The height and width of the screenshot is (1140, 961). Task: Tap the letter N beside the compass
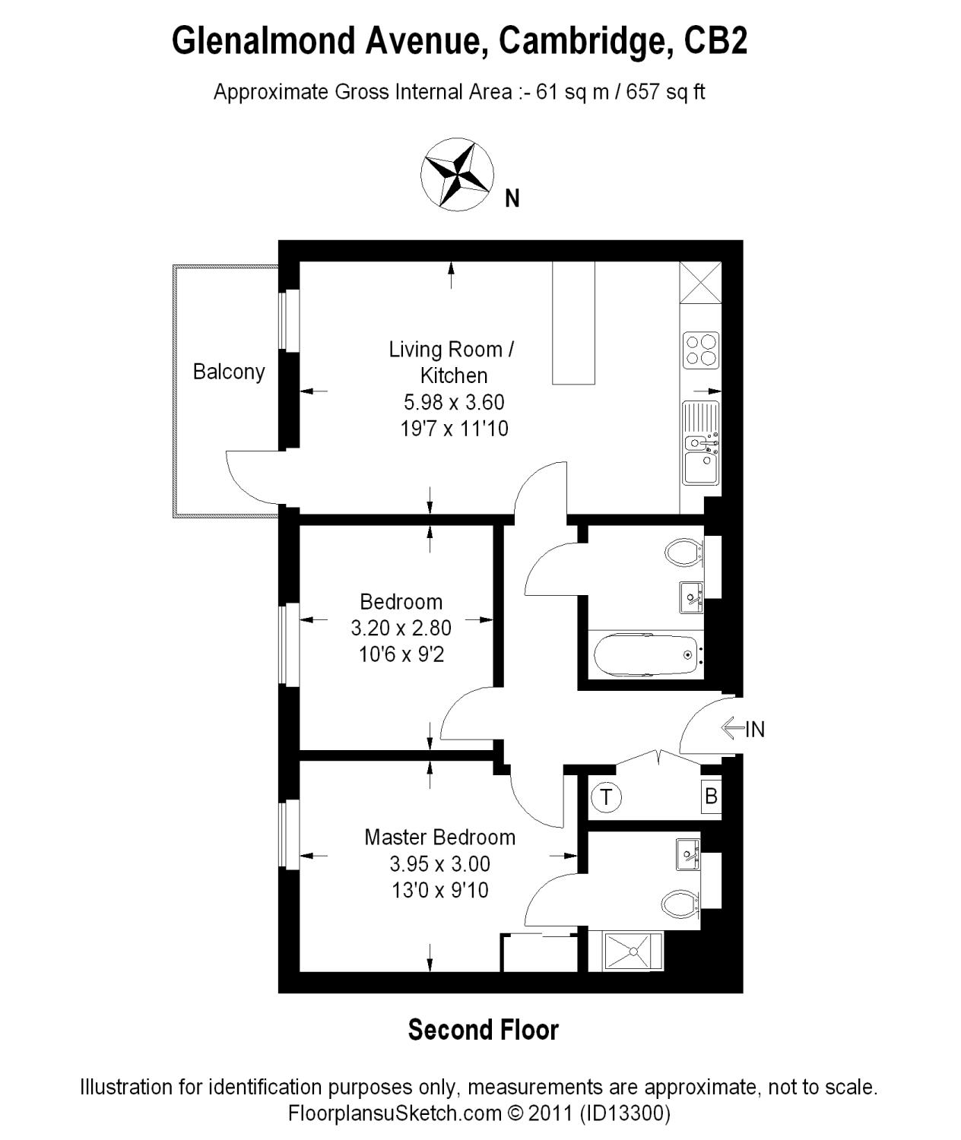(513, 199)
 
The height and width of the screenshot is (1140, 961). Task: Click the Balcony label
(229, 372)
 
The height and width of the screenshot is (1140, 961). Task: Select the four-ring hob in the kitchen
(701, 350)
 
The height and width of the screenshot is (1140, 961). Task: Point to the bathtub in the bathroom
(646, 654)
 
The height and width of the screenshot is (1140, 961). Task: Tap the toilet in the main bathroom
(683, 552)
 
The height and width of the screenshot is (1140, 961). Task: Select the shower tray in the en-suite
(633, 952)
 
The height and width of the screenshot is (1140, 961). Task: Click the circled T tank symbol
(606, 797)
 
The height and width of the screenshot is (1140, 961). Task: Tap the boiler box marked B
(711, 796)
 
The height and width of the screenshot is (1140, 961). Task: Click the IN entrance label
(755, 730)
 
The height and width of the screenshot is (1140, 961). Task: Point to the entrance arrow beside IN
(732, 729)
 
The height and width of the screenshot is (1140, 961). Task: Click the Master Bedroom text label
(439, 838)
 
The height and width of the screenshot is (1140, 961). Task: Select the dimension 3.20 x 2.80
(401, 628)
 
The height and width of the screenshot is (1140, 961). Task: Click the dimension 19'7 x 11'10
(454, 429)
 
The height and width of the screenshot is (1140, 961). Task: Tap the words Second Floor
(484, 1030)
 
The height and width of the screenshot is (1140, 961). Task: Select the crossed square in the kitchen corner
(700, 282)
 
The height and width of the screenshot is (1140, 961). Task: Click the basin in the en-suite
(689, 854)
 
